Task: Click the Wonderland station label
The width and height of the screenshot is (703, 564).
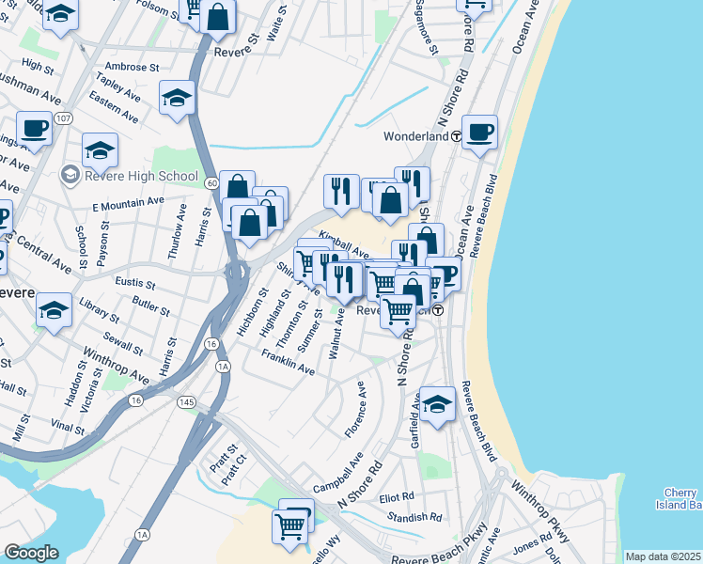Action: [x=415, y=136]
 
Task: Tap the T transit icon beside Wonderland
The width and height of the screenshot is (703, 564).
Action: [x=456, y=136]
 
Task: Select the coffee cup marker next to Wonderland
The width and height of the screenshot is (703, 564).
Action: [x=479, y=132]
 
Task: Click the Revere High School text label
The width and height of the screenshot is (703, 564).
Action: [x=141, y=176]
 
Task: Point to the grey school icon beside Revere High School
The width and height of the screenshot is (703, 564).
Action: [x=70, y=175]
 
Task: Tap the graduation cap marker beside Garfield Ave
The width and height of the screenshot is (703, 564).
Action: [x=437, y=404]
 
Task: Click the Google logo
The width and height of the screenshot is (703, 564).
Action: [x=31, y=553]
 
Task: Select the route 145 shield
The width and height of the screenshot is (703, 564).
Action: [x=189, y=401]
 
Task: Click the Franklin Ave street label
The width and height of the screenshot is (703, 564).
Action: [x=289, y=364]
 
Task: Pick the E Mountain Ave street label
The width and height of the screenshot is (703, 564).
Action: [x=128, y=204]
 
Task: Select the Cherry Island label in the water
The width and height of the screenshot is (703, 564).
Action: [x=682, y=499]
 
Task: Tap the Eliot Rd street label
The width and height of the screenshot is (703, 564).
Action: [x=396, y=496]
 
